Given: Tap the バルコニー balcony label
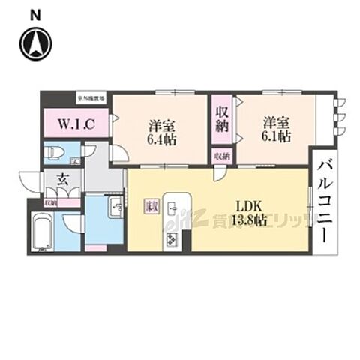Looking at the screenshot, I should [x=324, y=200].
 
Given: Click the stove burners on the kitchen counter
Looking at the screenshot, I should [x=170, y=240].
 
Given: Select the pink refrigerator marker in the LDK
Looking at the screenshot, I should [x=151, y=205].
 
